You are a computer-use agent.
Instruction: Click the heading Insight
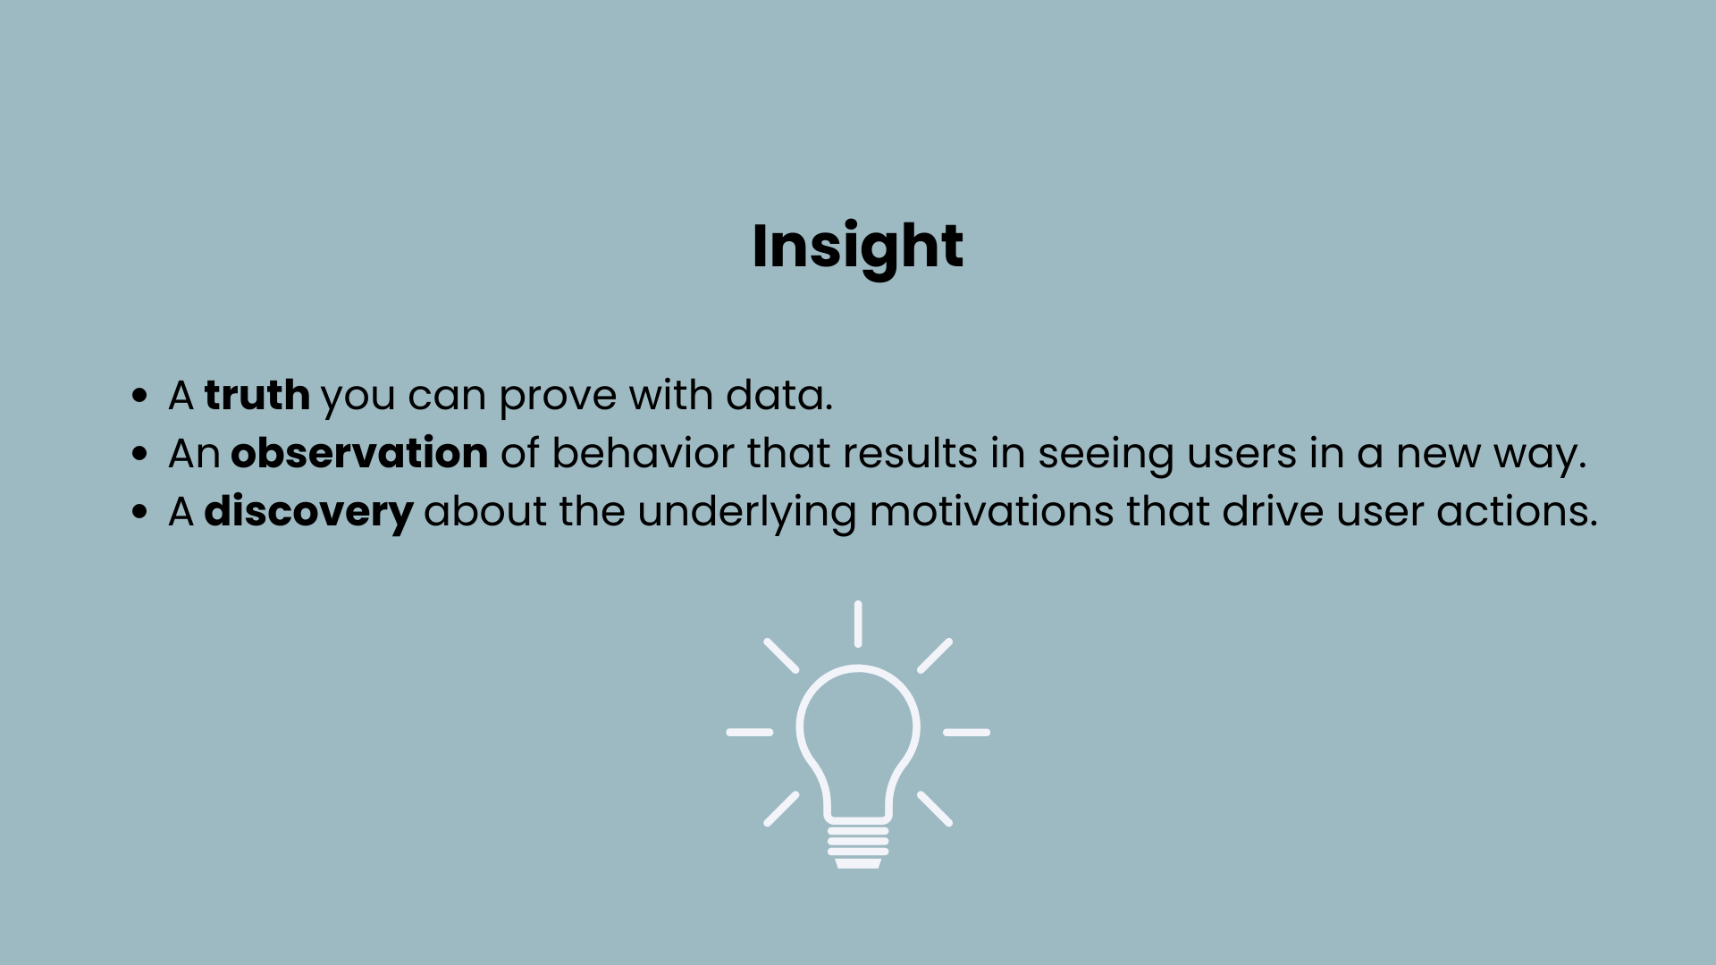(x=857, y=246)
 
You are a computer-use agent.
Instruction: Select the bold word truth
(x=257, y=395)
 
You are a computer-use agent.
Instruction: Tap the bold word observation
(x=359, y=453)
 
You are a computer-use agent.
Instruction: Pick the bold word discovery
(x=308, y=512)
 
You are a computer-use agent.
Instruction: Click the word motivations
(x=991, y=512)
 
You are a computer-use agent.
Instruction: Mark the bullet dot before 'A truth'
(x=139, y=395)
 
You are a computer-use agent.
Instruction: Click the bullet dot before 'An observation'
(x=139, y=453)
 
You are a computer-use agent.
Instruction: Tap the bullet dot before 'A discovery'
(x=139, y=512)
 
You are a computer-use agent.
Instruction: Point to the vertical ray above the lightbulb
(x=858, y=624)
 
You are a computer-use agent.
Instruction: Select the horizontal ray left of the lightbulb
(x=749, y=733)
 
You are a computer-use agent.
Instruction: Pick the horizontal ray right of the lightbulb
(x=966, y=733)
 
